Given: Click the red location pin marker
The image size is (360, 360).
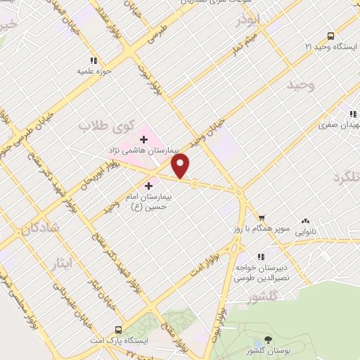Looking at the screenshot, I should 181,165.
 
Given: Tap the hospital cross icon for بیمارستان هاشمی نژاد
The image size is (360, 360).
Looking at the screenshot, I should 144,139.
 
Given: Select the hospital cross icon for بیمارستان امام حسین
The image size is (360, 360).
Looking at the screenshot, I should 148,186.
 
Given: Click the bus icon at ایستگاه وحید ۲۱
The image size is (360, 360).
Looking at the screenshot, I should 330,35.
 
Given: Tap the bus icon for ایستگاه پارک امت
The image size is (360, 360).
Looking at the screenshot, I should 117,329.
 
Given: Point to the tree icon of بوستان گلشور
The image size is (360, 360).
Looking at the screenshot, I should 268,340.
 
